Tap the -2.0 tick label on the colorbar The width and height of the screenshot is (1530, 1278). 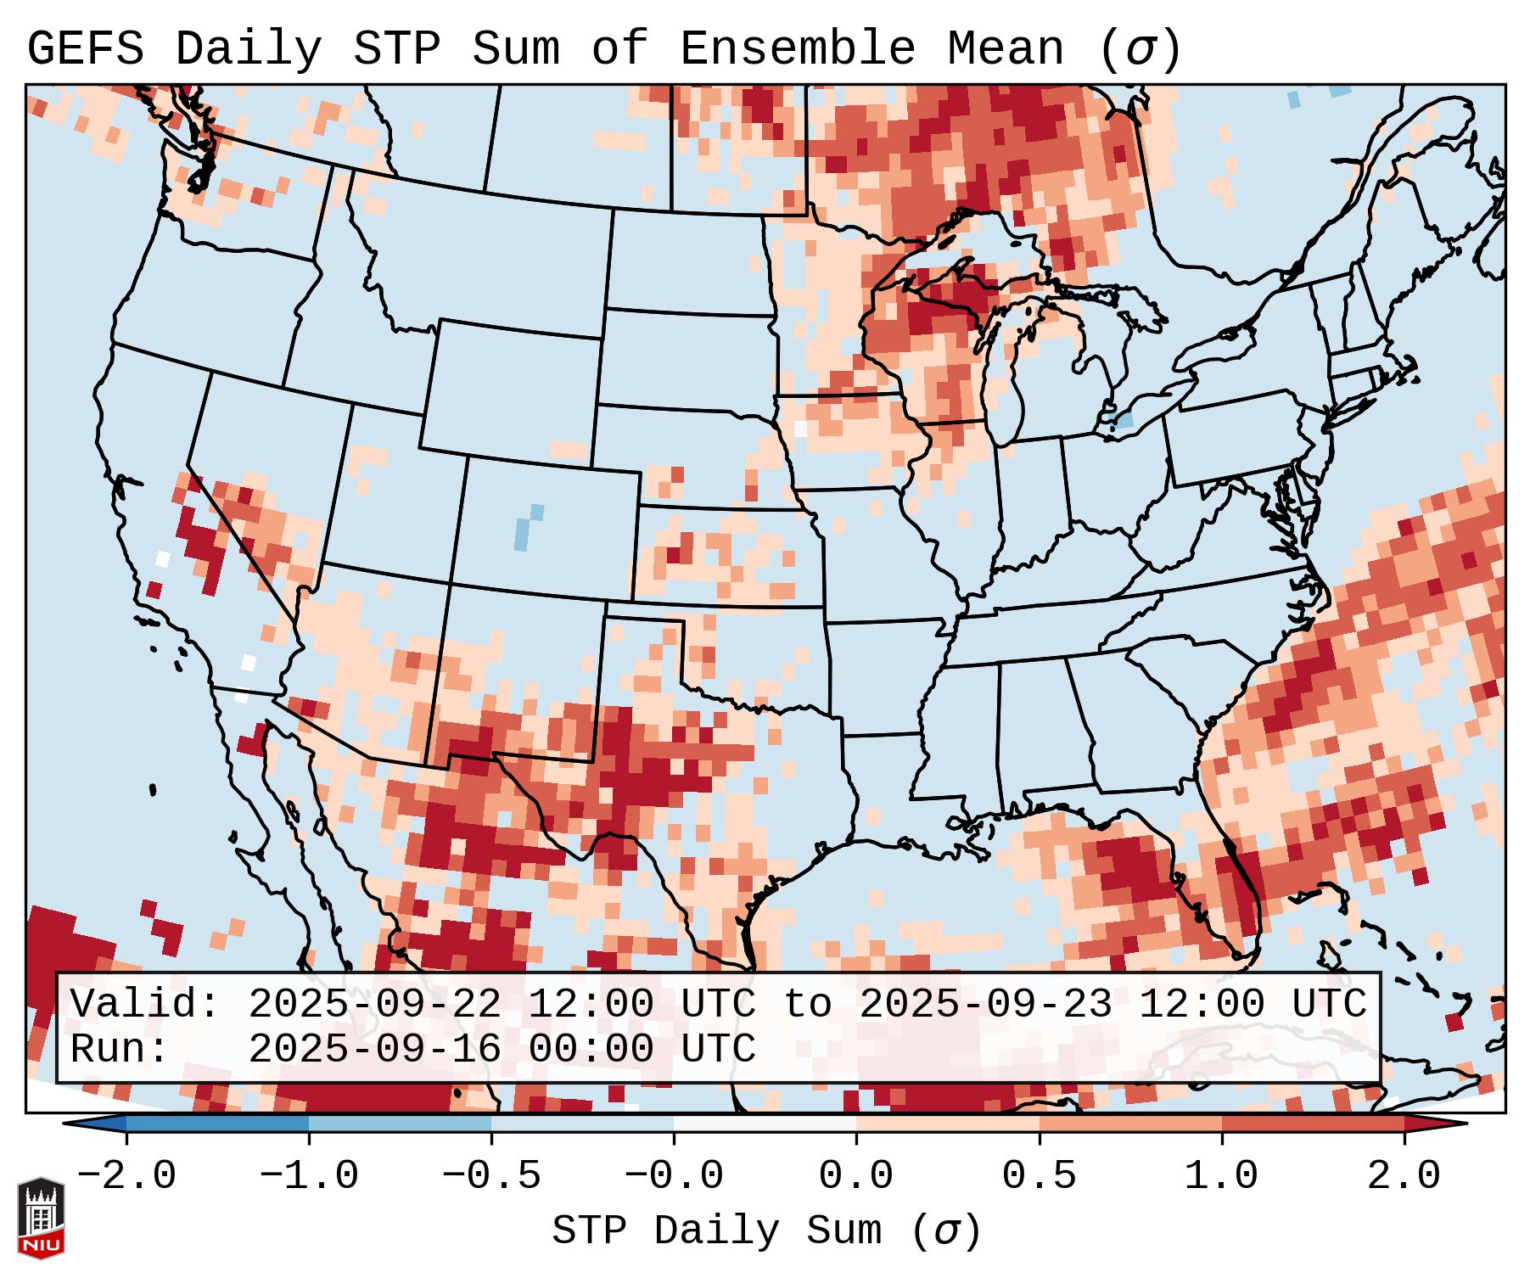[x=126, y=1176]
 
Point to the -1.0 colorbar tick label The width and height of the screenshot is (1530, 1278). [x=309, y=1176]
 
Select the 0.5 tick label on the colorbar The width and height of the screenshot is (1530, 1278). [x=1039, y=1176]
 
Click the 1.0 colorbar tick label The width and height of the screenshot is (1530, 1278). [x=1221, y=1176]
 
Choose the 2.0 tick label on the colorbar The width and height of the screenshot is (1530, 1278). [x=1404, y=1176]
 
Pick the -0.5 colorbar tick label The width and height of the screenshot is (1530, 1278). [x=491, y=1176]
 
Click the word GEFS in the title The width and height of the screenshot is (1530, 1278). [x=85, y=49]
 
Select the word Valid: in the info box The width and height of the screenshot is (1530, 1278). [x=145, y=1005]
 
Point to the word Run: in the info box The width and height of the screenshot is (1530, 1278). [x=120, y=1049]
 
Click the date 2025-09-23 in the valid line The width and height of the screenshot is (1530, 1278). [x=985, y=1005]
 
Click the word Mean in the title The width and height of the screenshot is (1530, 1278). [x=1006, y=49]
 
